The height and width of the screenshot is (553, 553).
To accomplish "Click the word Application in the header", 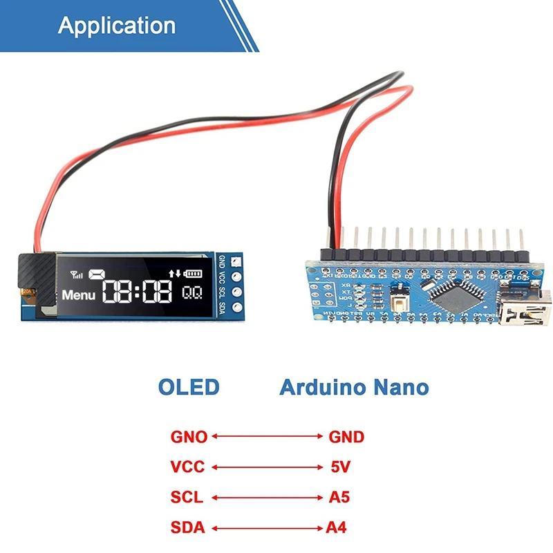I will tap(116, 25).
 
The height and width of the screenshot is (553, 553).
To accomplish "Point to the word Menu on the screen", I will tap(79, 294).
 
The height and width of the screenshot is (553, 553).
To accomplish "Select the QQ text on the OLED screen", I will tap(192, 293).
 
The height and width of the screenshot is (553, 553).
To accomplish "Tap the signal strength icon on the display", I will tap(75, 274).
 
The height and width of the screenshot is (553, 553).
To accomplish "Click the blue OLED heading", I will tap(189, 387).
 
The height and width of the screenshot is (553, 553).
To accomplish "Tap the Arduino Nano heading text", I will tap(353, 387).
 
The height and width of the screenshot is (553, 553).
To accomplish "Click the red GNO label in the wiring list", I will tap(189, 437).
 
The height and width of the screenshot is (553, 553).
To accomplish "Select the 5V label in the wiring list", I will tap(337, 467).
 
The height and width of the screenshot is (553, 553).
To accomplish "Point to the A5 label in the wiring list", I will tap(337, 498).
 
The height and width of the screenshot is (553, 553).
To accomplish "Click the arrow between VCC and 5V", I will tap(267, 467).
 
